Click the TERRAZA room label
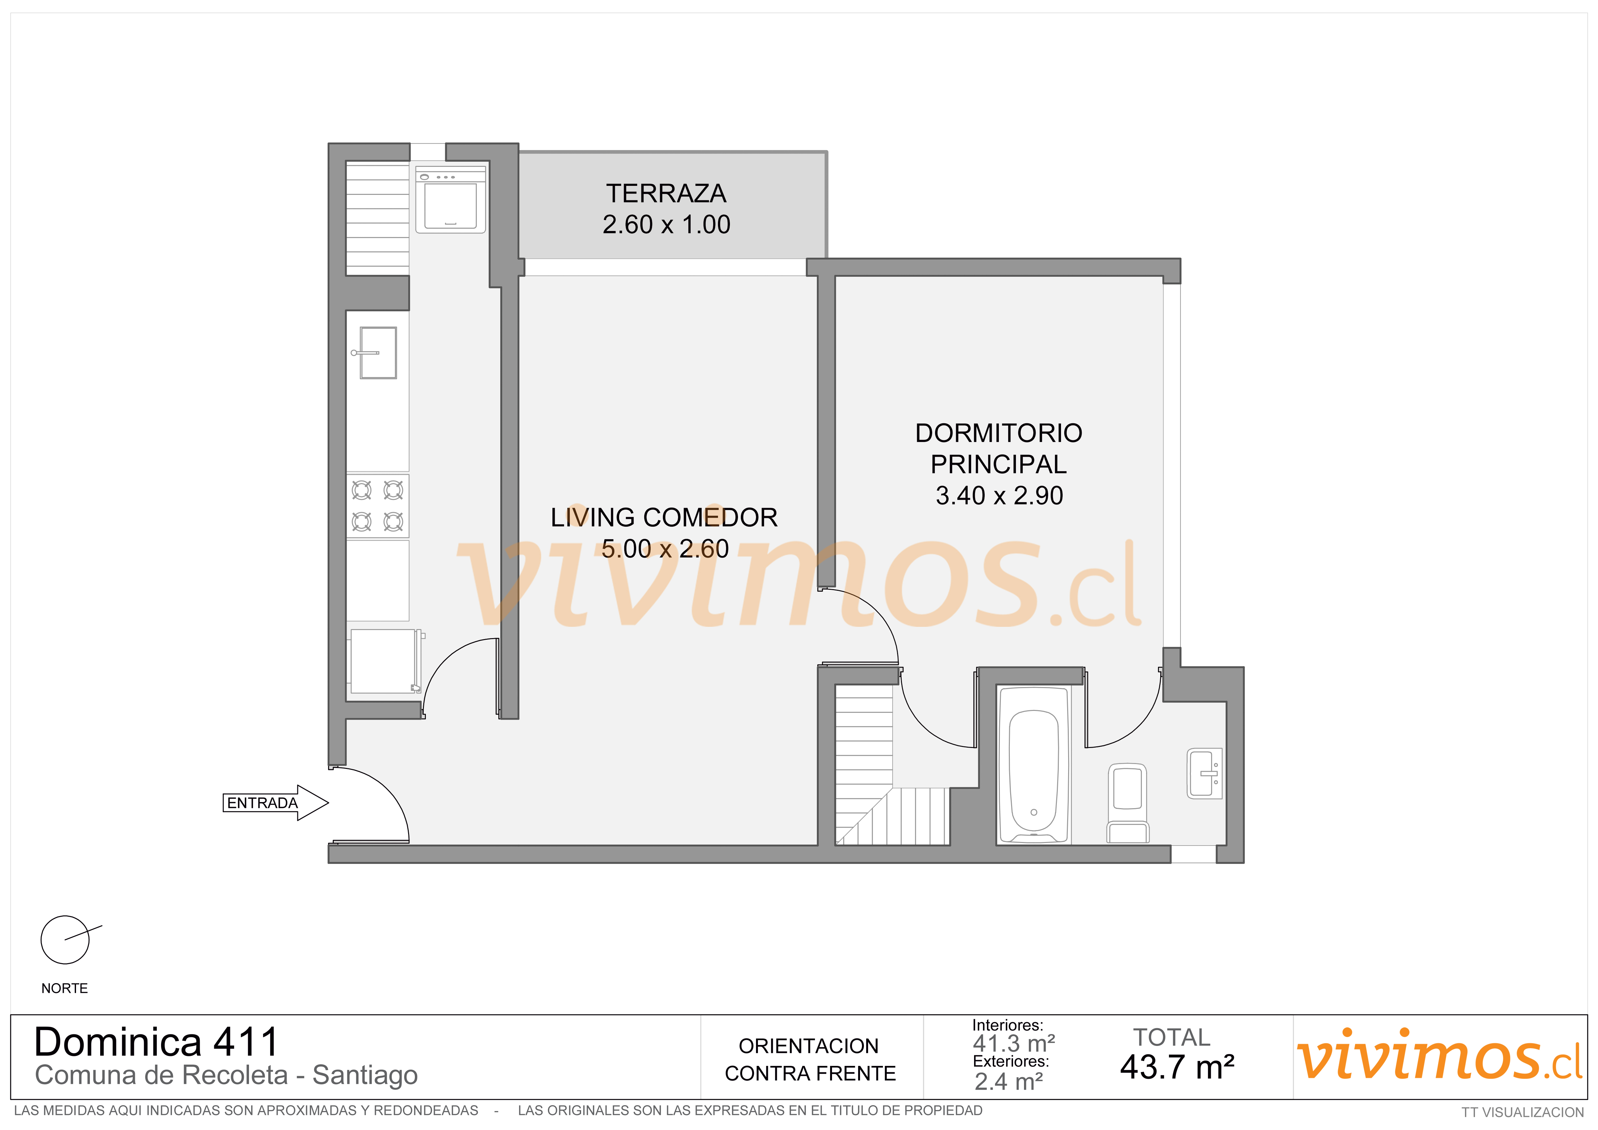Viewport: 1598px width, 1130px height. [x=666, y=194]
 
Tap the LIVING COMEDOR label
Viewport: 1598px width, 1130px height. [x=664, y=518]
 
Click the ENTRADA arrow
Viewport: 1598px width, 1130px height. [x=276, y=803]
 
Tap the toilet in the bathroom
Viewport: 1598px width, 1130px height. [x=1127, y=804]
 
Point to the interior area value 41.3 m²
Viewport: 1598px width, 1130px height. [x=1013, y=1044]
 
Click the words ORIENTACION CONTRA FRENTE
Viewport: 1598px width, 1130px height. [x=810, y=1060]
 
